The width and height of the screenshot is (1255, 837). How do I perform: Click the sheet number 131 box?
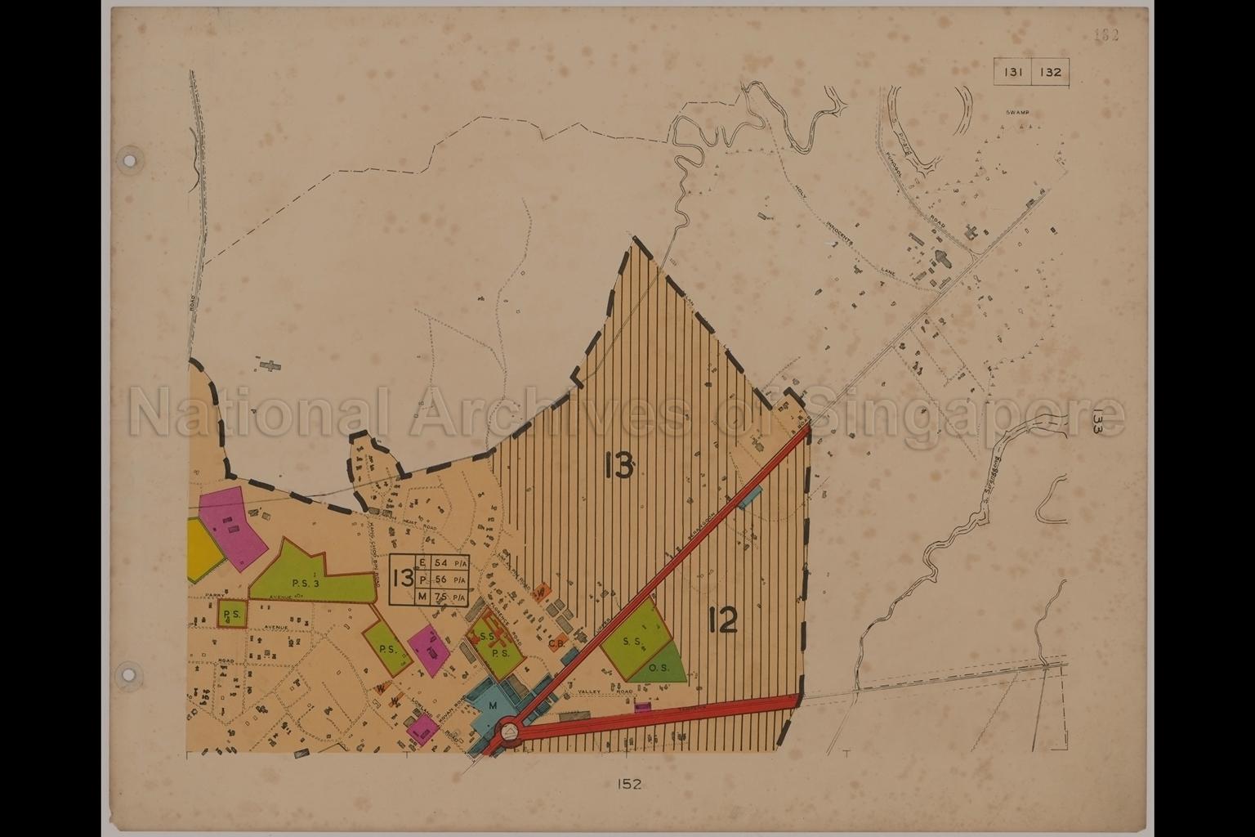(x=1012, y=72)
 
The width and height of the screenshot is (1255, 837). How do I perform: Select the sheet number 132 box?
(x=1050, y=72)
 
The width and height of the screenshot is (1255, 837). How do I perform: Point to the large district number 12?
(x=723, y=623)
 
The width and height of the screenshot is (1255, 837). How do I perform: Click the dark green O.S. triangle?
(x=662, y=665)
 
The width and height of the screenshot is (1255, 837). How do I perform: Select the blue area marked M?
(x=493, y=705)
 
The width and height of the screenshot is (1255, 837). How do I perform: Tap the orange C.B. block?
(x=559, y=642)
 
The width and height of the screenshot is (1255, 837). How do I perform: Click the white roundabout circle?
(x=508, y=728)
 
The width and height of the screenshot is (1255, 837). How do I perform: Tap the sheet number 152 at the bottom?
(x=629, y=784)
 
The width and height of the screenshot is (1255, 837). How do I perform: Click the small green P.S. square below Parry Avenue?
(x=232, y=614)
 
